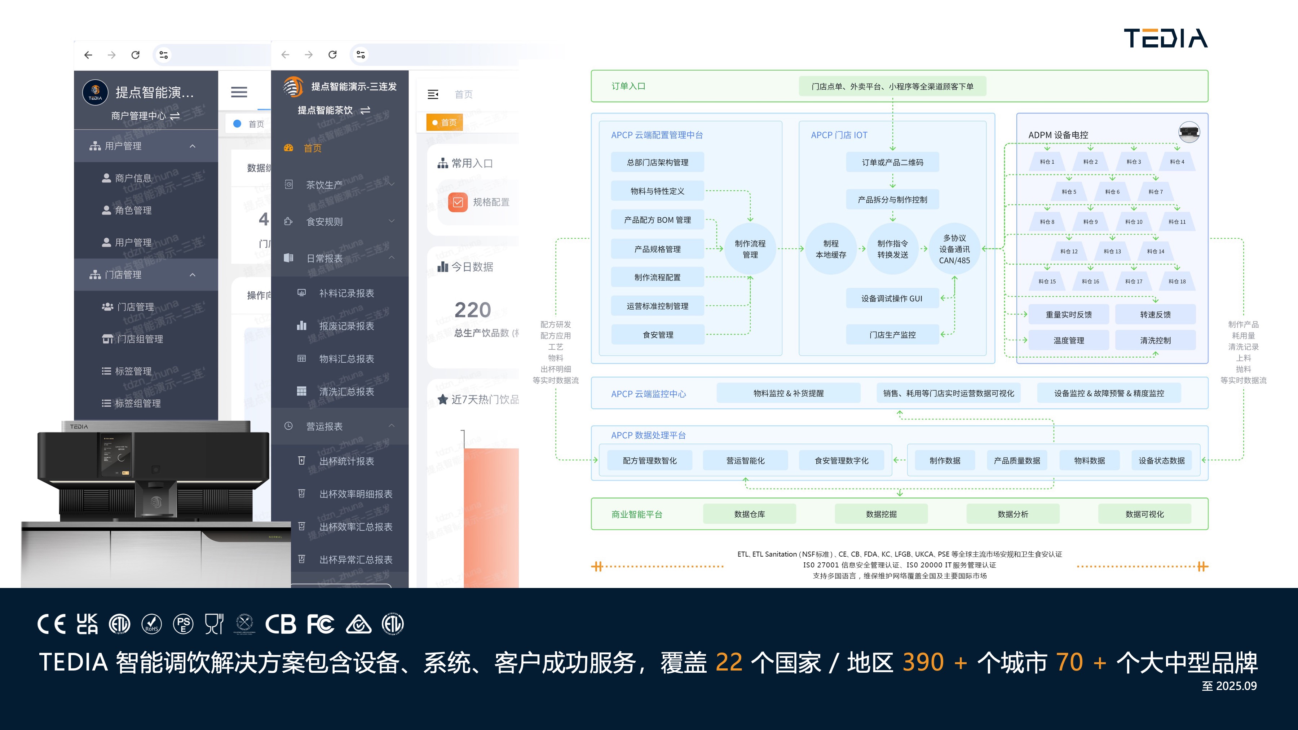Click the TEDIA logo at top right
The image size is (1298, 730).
(1165, 38)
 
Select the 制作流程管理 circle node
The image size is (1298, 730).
(750, 249)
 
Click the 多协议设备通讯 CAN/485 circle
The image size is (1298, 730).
(954, 249)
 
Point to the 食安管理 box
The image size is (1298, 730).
(658, 335)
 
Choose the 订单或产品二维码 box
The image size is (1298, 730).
(892, 162)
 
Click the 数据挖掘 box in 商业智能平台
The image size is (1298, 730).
(881, 514)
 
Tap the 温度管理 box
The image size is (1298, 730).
(1068, 340)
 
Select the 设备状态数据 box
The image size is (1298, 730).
(1161, 460)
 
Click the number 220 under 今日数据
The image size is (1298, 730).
(472, 309)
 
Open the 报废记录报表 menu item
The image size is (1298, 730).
(346, 326)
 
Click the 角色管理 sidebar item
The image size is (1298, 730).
(133, 210)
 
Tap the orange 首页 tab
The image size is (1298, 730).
(445, 123)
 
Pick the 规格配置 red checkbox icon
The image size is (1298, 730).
(458, 202)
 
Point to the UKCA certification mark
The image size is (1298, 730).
(87, 624)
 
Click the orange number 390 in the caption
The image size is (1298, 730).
(923, 662)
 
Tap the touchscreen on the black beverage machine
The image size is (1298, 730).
(115, 455)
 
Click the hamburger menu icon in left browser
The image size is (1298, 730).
(239, 92)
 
